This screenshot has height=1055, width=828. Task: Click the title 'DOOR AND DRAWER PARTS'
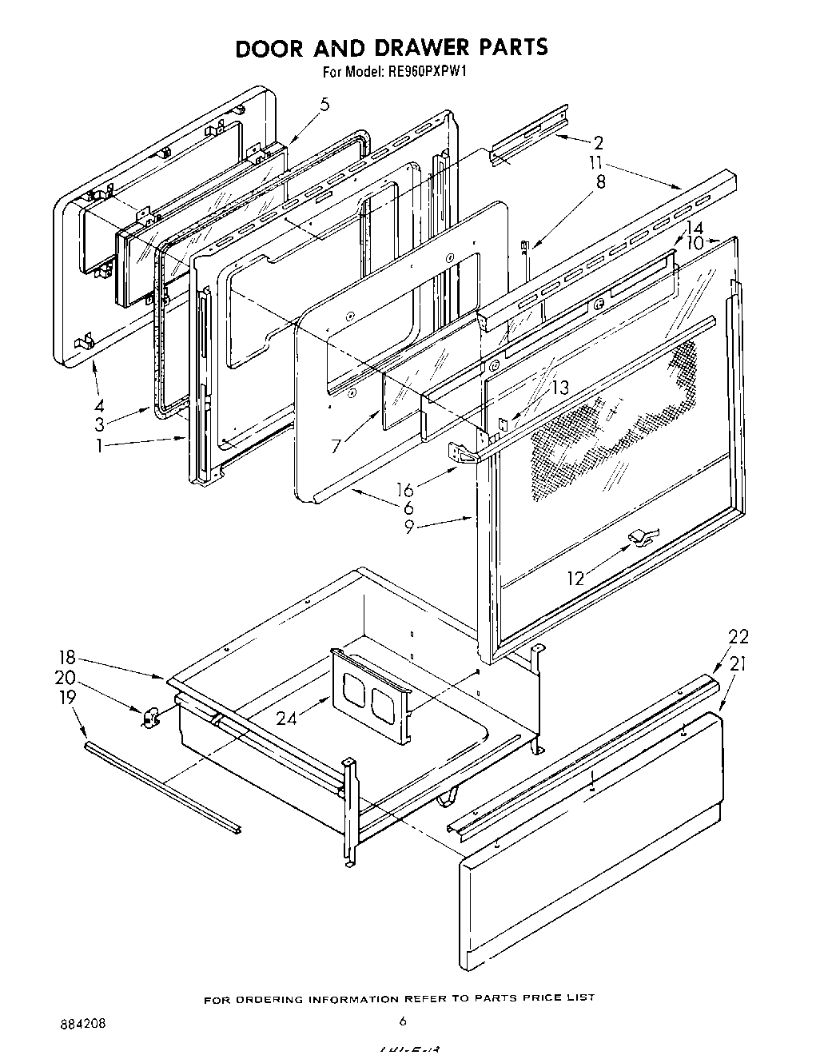pos(391,47)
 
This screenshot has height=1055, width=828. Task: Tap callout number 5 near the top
pos(324,104)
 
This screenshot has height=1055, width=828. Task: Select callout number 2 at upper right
pos(597,144)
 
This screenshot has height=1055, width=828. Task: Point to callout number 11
pos(595,163)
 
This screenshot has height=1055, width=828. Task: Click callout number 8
pos(600,182)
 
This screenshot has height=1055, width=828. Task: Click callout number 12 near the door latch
pos(575,578)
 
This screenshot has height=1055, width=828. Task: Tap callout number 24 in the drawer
pos(286,719)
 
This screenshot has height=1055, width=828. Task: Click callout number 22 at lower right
pos(738,637)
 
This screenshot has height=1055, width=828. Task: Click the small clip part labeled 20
pos(149,718)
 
